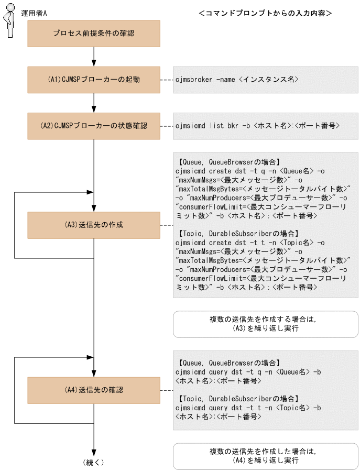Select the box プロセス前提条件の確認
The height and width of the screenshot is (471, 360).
94,34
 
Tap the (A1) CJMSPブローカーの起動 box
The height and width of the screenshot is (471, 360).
94,80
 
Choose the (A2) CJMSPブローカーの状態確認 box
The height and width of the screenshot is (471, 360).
94,126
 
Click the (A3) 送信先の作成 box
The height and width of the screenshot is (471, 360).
94,225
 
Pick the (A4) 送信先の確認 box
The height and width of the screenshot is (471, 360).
94,390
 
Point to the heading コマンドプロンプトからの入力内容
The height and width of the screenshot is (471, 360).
266,13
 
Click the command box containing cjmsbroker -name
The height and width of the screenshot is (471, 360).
266,80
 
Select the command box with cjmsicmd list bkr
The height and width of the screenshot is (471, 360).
266,126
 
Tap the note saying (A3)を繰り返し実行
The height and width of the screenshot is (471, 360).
266,324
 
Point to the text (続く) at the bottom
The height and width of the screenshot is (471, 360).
94,462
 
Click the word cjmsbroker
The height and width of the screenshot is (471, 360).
194,80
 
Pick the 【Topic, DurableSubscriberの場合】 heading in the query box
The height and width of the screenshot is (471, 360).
238,398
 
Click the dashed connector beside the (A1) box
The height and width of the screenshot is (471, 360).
167,80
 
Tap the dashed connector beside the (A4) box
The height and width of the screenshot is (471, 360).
167,390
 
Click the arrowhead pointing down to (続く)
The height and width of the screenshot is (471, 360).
94,453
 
